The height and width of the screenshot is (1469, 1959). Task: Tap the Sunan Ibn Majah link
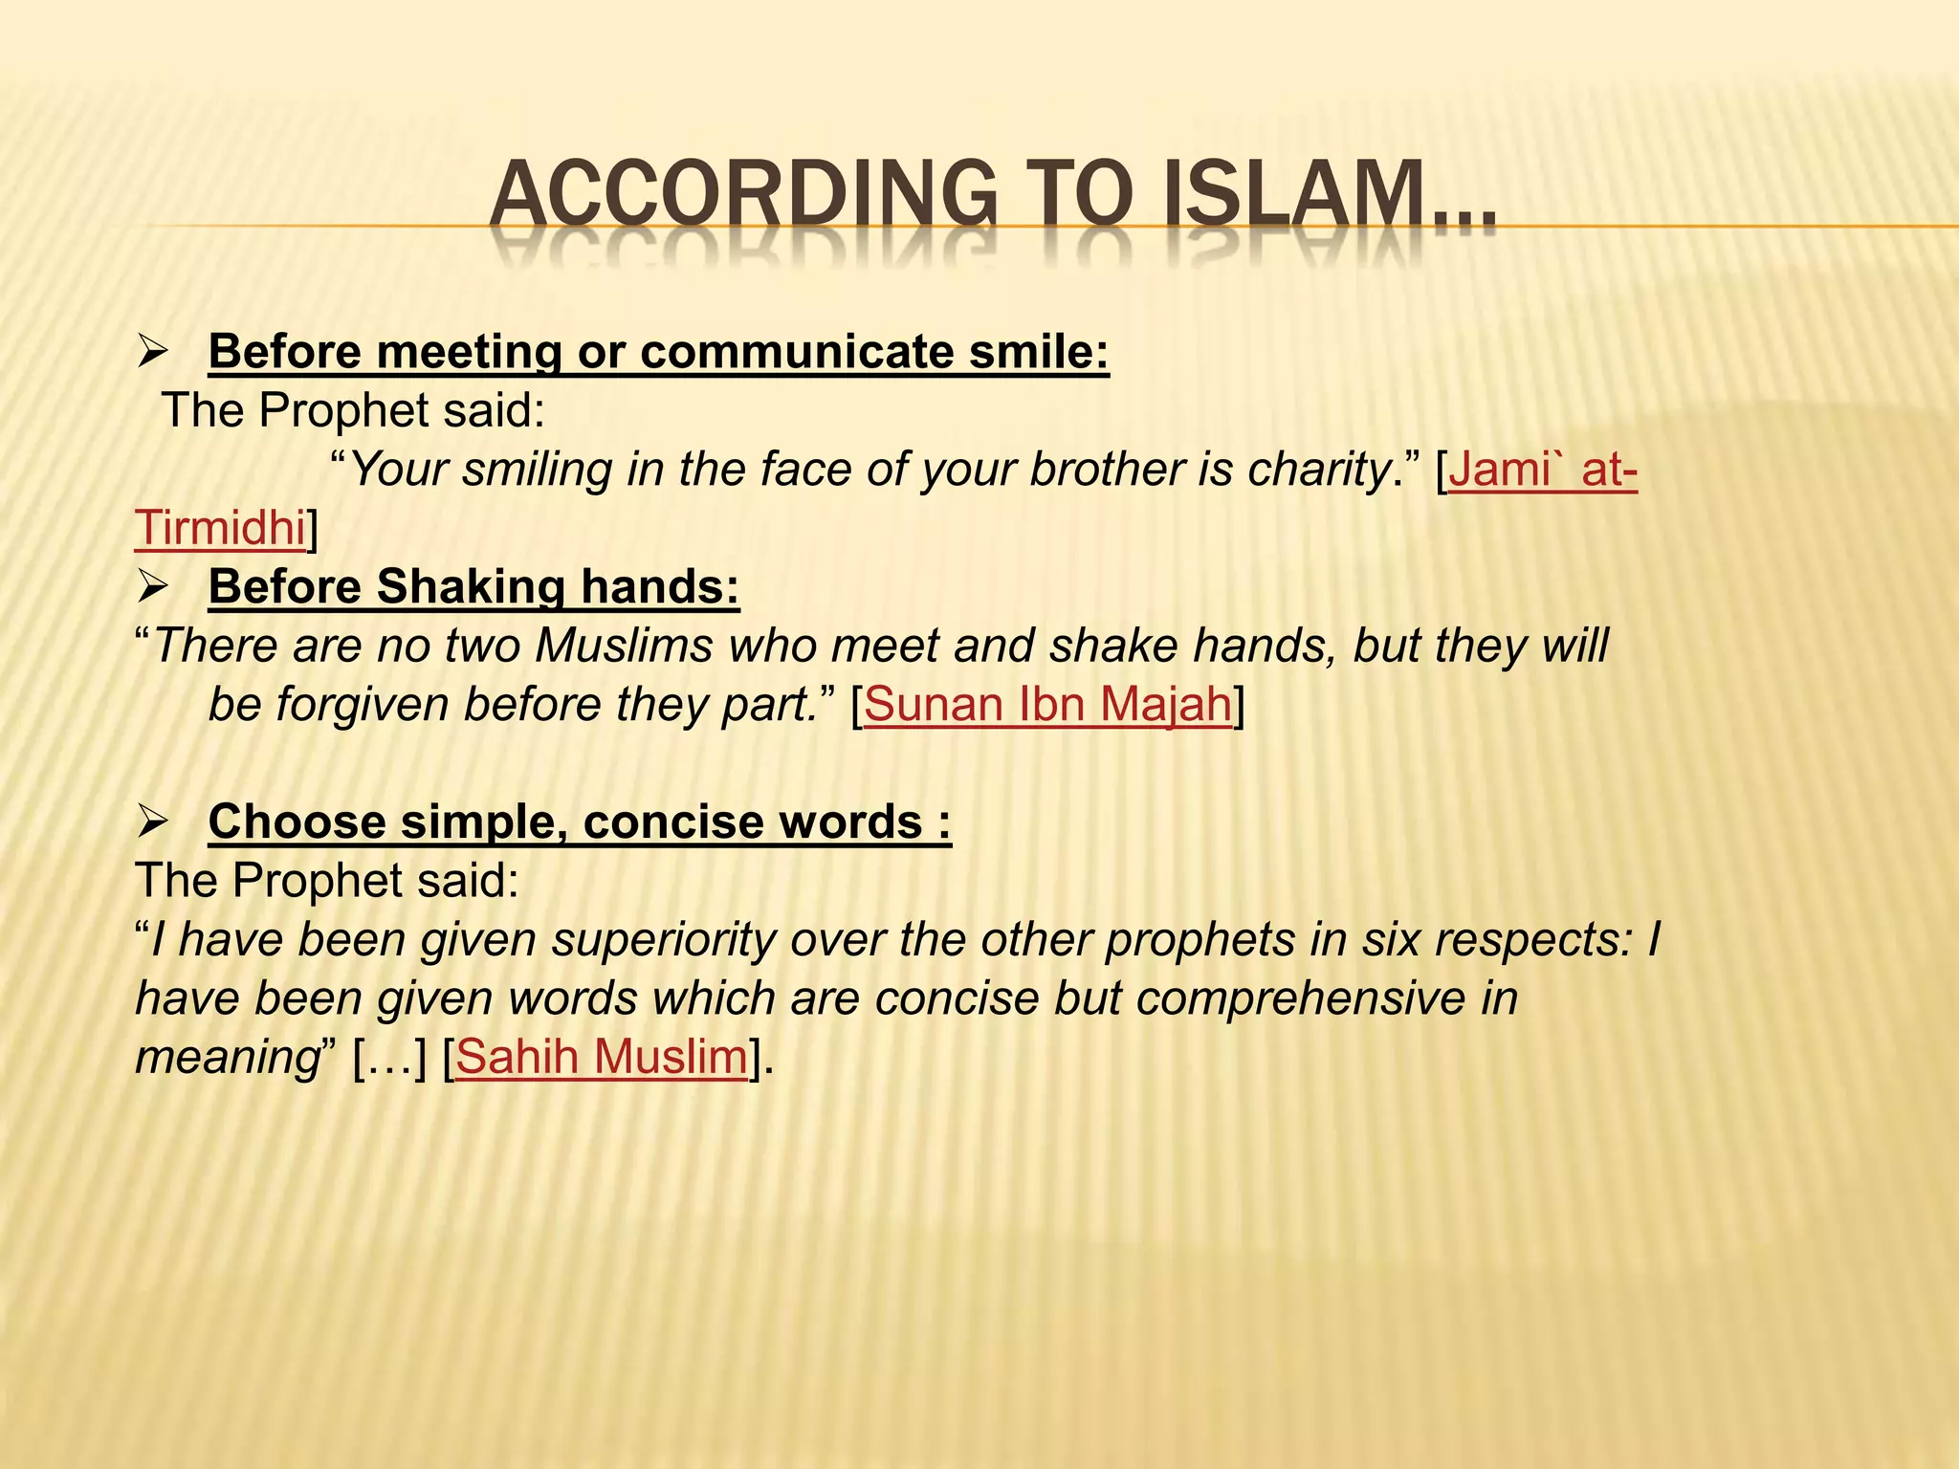(1047, 705)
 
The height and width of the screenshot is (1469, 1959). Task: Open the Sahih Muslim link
(601, 1057)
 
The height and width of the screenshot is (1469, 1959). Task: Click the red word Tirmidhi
(220, 529)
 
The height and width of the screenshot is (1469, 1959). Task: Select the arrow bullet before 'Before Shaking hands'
(153, 586)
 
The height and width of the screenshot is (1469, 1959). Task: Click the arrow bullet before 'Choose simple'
(153, 822)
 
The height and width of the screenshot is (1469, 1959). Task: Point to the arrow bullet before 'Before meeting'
(153, 352)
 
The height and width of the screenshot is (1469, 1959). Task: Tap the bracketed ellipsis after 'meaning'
(389, 1057)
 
